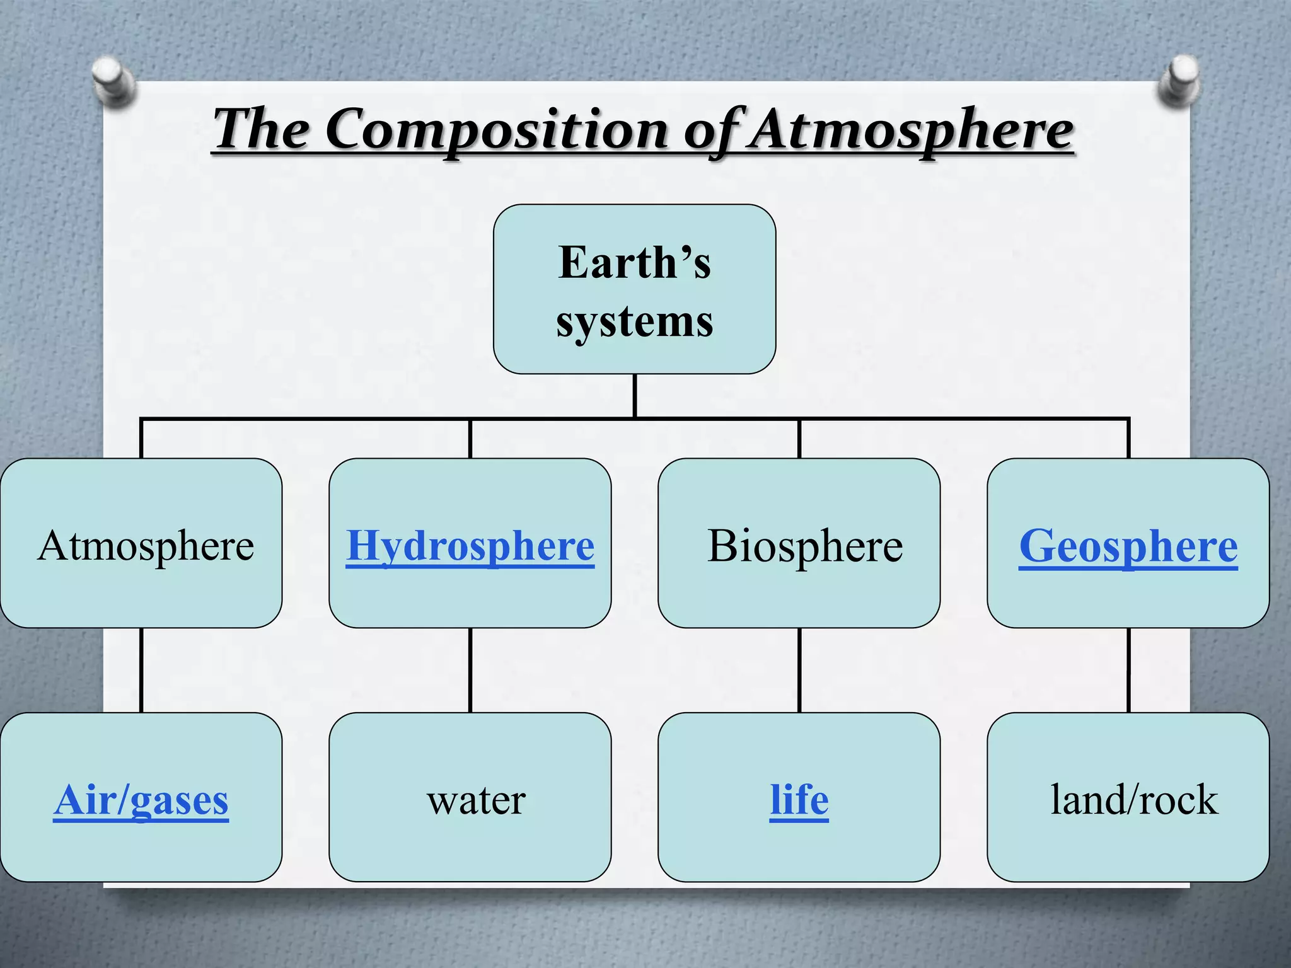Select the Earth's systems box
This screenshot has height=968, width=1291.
634,289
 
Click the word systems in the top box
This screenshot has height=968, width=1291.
634,322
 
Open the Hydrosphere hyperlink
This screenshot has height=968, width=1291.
470,546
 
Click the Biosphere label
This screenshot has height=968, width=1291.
805,546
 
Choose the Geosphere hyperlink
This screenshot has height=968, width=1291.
1128,546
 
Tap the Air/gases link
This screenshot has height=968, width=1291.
141,800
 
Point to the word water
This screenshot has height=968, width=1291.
476,800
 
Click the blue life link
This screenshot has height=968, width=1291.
799,800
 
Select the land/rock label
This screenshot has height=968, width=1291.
1134,800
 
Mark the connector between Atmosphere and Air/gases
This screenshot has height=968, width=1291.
141,670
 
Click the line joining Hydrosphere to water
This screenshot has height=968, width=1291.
470,670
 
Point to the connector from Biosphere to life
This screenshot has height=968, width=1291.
799,670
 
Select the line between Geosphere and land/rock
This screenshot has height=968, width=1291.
1128,670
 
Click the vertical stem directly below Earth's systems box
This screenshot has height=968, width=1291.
635,396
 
